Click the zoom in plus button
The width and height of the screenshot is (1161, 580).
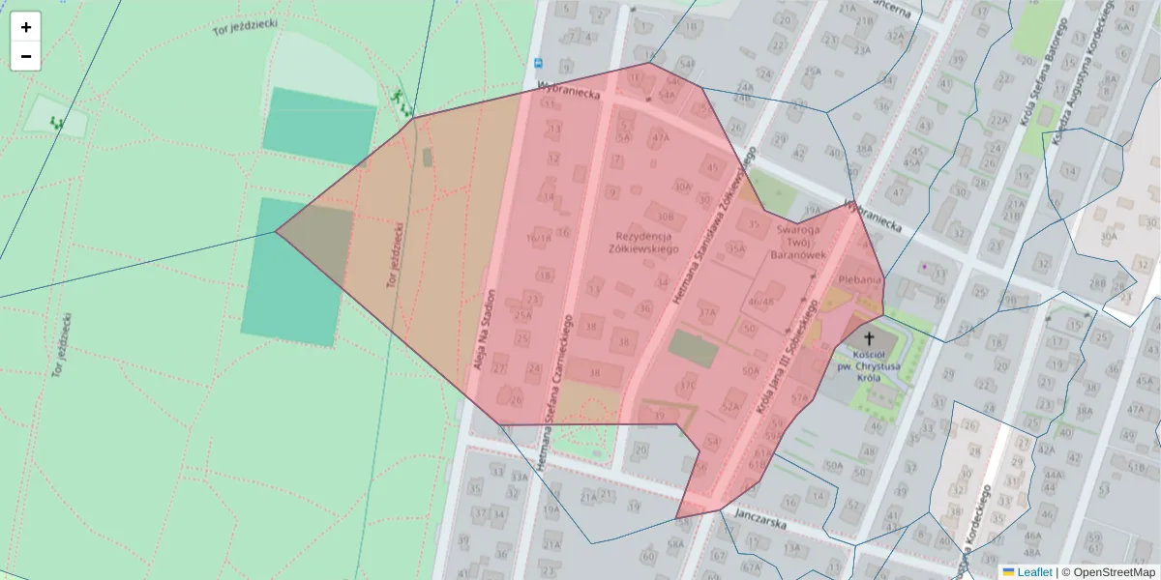click(26, 27)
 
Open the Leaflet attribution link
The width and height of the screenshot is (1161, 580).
click(1033, 572)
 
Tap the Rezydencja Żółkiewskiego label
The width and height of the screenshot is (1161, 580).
click(644, 243)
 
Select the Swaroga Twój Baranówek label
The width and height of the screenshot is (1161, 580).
click(798, 243)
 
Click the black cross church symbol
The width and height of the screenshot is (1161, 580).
click(869, 338)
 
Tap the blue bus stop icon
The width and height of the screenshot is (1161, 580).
click(538, 64)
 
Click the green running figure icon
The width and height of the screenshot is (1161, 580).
click(397, 95)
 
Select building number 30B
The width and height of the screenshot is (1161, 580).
click(665, 216)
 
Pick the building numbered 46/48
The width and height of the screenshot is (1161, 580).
click(761, 302)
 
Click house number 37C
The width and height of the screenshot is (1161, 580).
click(688, 385)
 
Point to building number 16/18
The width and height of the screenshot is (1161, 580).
click(538, 238)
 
